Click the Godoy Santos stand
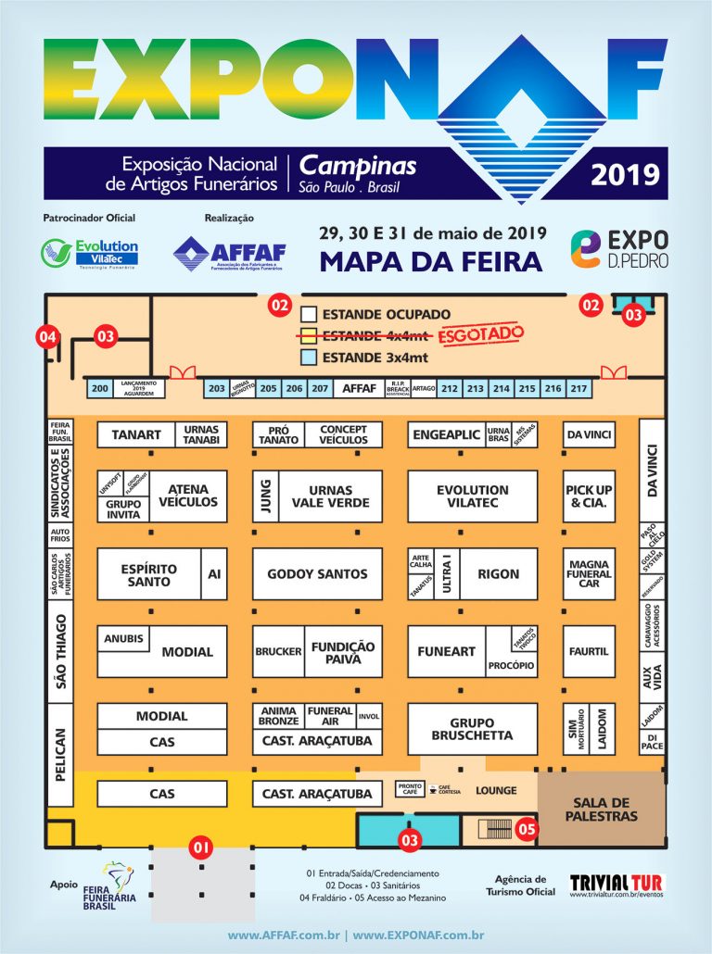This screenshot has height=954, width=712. pyautogui.click(x=317, y=574)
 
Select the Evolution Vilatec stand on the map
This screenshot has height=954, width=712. pyautogui.click(x=473, y=496)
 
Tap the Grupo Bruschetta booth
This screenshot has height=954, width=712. pyautogui.click(x=473, y=729)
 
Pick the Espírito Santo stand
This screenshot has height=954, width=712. pyautogui.click(x=148, y=574)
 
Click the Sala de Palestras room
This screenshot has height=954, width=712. pyautogui.click(x=604, y=810)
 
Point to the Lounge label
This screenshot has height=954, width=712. pyautogui.click(x=496, y=791)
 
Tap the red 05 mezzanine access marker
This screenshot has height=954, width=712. pyautogui.click(x=527, y=830)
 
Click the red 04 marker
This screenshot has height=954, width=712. pyautogui.click(x=47, y=337)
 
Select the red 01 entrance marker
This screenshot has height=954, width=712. pyautogui.click(x=199, y=846)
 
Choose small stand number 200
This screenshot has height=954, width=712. pyautogui.click(x=100, y=389)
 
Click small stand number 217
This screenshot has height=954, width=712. pyautogui.click(x=579, y=389)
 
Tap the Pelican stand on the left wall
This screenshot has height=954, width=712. pyautogui.click(x=60, y=753)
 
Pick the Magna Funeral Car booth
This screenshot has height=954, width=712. pyautogui.click(x=589, y=574)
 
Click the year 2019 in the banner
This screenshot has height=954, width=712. pyautogui.click(x=625, y=173)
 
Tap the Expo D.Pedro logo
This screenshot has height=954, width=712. pyautogui.click(x=618, y=247)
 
